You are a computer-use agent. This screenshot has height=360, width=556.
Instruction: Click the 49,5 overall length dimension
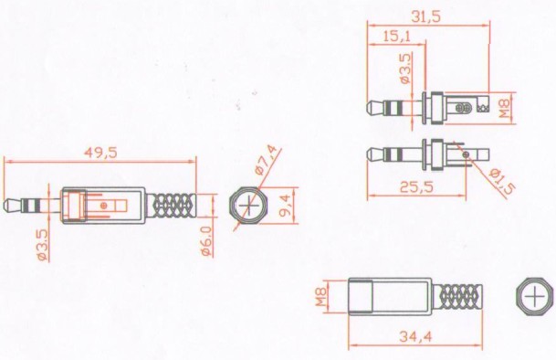click(x=100, y=153)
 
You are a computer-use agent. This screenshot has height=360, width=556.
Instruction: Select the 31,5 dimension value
click(x=425, y=16)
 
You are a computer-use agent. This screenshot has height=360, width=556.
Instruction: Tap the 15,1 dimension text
click(x=397, y=36)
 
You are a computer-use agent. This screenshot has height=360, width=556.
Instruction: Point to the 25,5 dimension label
click(x=416, y=186)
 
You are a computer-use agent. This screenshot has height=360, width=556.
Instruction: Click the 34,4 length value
click(x=416, y=336)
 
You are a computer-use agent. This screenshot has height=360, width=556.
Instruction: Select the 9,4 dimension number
click(x=286, y=206)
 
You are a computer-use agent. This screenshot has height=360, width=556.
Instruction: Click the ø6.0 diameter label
click(x=206, y=241)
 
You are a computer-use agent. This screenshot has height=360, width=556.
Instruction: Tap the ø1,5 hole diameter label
click(x=502, y=182)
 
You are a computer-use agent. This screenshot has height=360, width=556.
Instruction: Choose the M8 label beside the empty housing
click(x=320, y=297)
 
